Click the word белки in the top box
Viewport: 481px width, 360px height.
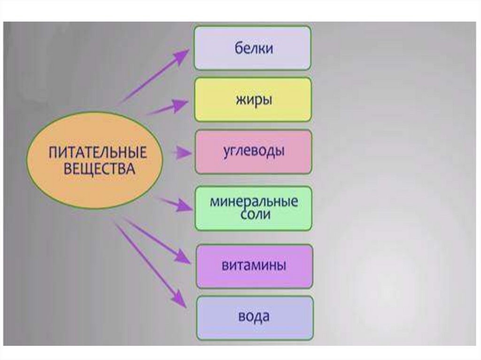coord(253,48)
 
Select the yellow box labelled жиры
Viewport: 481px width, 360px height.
coord(253,100)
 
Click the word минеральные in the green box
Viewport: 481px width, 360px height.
coord(254,203)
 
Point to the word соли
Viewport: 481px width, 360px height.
coord(254,215)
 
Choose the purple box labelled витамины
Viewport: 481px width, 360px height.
coord(254,266)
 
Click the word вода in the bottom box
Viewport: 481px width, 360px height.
coord(254,316)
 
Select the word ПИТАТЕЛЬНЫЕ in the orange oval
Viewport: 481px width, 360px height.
coord(98,153)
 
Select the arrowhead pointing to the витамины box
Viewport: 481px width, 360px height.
coord(184,258)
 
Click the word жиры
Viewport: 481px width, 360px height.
coord(253,100)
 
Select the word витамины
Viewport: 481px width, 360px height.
coord(254,266)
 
